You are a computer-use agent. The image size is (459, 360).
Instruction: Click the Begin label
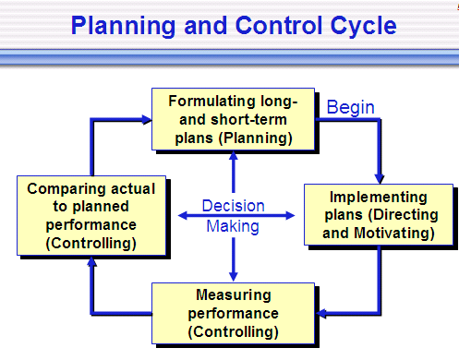pos(351,107)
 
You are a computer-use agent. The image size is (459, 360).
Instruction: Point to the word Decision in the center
pos(233,206)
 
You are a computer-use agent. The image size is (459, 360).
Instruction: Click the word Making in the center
pos(233,225)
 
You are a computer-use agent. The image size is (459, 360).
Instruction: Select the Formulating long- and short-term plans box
pos(233,119)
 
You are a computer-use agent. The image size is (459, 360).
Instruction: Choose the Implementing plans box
pos(378,215)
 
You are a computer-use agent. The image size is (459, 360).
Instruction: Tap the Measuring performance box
pos(233,312)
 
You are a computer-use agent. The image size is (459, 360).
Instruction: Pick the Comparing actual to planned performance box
pos(91,215)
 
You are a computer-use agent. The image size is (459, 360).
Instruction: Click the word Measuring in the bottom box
pos(233,294)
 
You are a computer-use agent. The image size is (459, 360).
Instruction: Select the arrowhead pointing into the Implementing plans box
pos(378,177)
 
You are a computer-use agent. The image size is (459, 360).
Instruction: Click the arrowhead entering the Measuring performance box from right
pos(320,312)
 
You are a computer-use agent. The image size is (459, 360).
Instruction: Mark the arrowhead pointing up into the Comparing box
pos(91,263)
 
